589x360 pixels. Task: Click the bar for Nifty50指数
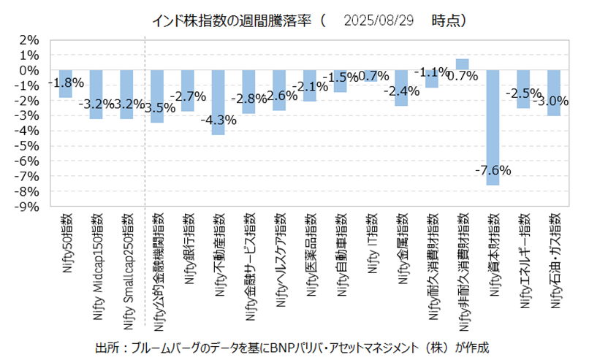66,83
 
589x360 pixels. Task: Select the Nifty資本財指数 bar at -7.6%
493,127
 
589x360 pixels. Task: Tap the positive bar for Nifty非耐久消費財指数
462,64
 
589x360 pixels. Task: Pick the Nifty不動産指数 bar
218,102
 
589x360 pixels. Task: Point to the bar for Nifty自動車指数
340,81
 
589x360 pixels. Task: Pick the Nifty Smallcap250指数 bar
126,94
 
